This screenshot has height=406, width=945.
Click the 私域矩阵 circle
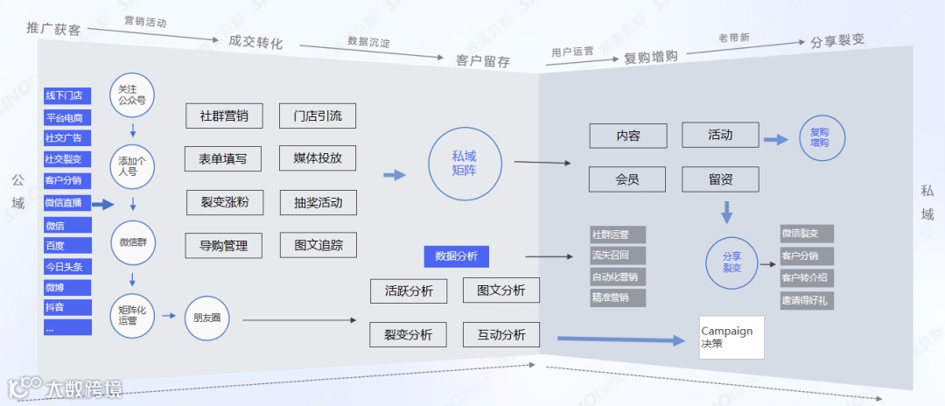465,163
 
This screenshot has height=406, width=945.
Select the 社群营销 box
224,115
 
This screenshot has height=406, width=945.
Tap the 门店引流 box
318,115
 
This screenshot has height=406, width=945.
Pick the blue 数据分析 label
456,256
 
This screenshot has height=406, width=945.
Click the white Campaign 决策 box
731,337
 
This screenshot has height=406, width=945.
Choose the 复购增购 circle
822,137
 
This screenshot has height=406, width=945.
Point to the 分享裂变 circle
731,262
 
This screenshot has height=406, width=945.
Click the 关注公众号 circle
132,94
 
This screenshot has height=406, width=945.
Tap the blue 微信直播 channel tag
67,203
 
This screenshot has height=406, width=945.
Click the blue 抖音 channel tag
67,307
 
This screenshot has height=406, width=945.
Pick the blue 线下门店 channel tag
67,95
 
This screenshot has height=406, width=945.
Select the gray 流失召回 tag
618,255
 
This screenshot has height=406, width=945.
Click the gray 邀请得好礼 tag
807,300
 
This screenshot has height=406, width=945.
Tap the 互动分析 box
501,334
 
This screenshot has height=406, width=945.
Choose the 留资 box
721,179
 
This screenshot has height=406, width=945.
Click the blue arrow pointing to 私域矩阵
395,175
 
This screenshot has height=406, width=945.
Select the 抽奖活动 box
318,202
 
